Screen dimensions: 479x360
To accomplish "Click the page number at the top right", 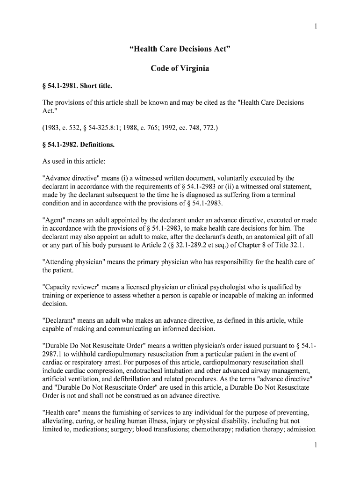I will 316,26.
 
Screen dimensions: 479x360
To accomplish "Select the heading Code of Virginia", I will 180,69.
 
